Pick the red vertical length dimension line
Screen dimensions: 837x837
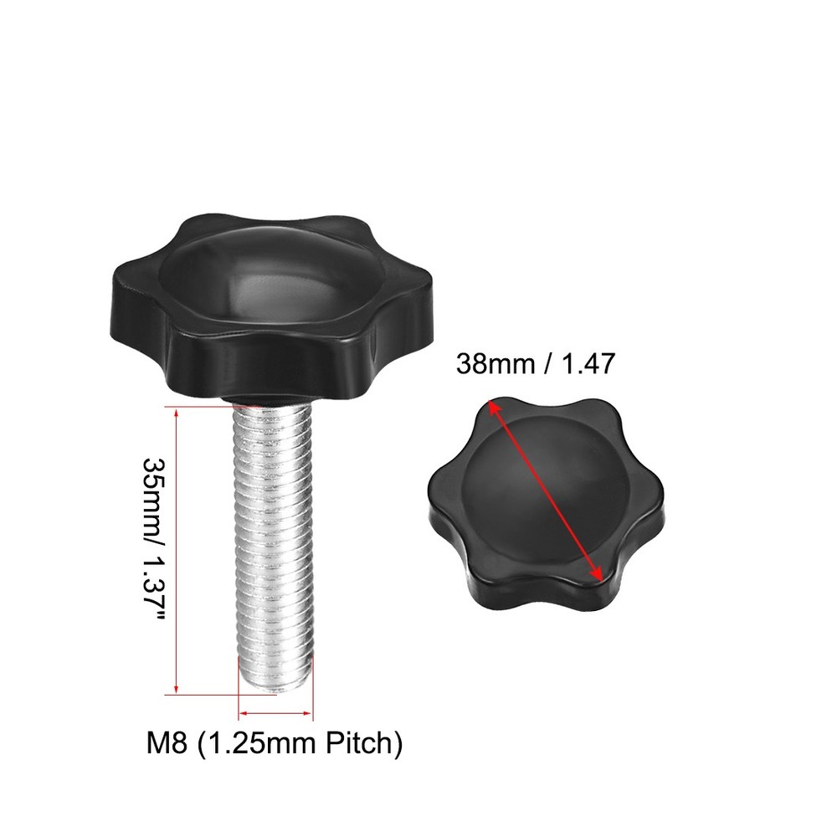[x=177, y=548]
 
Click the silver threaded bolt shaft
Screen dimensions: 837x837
[x=273, y=544]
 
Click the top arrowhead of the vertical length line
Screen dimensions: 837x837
[x=177, y=410]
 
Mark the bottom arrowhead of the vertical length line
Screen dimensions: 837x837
[x=177, y=689]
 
